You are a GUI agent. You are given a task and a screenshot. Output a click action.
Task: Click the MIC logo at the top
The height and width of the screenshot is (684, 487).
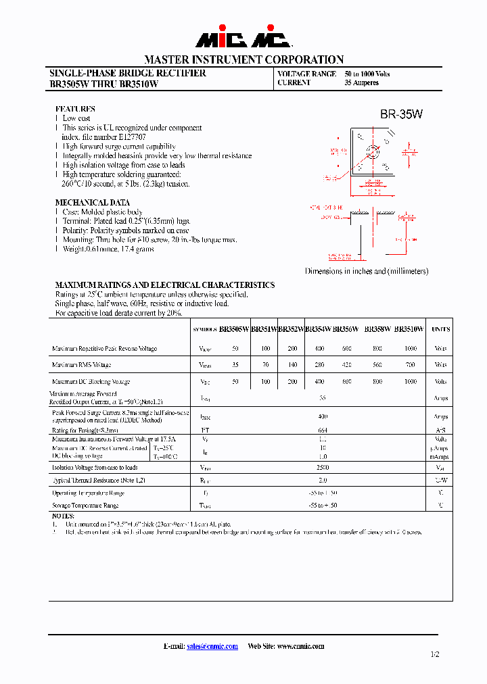click(243, 39)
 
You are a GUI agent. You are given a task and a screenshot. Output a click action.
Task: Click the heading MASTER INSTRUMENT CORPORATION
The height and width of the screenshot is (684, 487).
click(243, 59)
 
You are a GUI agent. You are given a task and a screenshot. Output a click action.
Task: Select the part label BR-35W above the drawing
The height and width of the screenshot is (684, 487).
click(401, 115)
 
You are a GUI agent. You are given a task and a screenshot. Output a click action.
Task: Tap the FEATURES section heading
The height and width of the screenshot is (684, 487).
click(75, 109)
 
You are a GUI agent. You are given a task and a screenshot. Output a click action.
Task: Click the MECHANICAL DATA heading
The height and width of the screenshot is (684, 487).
click(92, 202)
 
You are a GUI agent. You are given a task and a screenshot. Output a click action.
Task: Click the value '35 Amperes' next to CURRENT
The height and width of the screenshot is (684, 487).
click(361, 83)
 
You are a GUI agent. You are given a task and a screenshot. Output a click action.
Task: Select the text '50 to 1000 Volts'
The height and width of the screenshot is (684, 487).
click(367, 74)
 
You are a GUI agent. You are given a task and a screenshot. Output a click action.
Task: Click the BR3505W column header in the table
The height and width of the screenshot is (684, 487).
click(234, 329)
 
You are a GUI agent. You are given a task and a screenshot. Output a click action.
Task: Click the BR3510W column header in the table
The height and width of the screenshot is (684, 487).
click(409, 329)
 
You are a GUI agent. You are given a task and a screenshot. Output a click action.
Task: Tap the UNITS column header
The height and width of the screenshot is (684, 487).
click(440, 329)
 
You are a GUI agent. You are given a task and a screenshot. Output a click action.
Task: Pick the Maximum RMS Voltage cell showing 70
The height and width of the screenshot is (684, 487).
click(265, 365)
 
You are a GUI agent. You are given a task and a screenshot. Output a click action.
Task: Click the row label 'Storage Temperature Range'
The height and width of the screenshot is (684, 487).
click(85, 506)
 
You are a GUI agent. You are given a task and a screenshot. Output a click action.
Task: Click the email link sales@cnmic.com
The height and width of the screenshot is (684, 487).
click(212, 646)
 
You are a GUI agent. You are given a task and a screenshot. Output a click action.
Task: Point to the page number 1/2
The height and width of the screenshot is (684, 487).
click(434, 654)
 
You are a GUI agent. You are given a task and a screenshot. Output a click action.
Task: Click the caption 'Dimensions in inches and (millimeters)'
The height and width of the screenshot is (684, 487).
click(367, 271)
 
